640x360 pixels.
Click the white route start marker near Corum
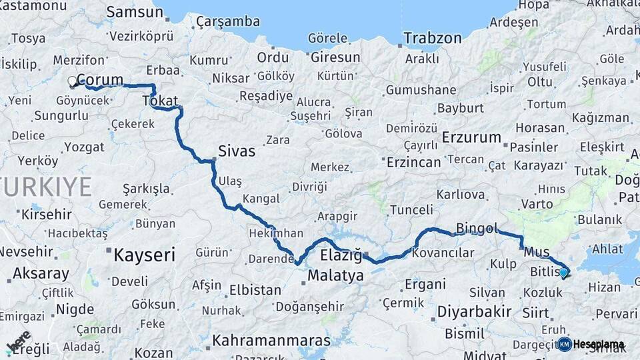coord(72,82)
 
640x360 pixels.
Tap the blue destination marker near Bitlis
coord(563,272)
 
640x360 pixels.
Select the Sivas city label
coord(237,151)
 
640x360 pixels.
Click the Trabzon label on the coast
coord(433,38)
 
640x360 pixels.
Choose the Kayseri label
coord(144,255)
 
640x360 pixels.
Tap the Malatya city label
coord(335,275)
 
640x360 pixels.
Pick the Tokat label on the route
coord(160,101)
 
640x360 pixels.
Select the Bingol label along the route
coord(477,229)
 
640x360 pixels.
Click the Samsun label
coord(135,12)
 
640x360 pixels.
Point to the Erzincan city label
coord(414,162)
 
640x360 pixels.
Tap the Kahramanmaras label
coord(271,341)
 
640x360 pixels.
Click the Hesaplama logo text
coord(599,345)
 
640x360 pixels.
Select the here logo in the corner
coord(19,341)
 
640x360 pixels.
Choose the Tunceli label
coord(411,210)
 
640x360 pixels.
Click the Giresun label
coord(336,57)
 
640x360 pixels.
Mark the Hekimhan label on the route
coord(277,233)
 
